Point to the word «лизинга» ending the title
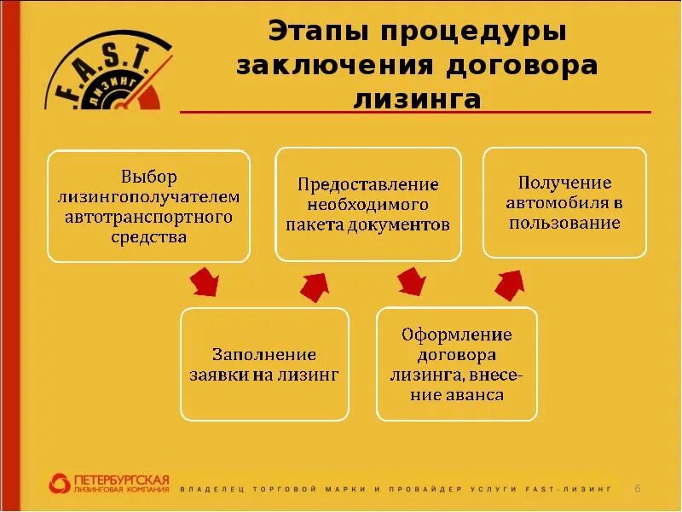(417, 99)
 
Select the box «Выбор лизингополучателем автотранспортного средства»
(148, 206)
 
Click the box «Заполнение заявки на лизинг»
(264, 364)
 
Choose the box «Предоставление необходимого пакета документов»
(367, 204)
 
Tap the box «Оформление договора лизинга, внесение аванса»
(456, 364)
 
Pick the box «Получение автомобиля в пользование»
(564, 202)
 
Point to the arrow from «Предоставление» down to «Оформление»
(412, 281)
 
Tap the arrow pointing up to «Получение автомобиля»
(511, 283)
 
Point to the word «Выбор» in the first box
(148, 177)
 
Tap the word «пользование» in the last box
(564, 223)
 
